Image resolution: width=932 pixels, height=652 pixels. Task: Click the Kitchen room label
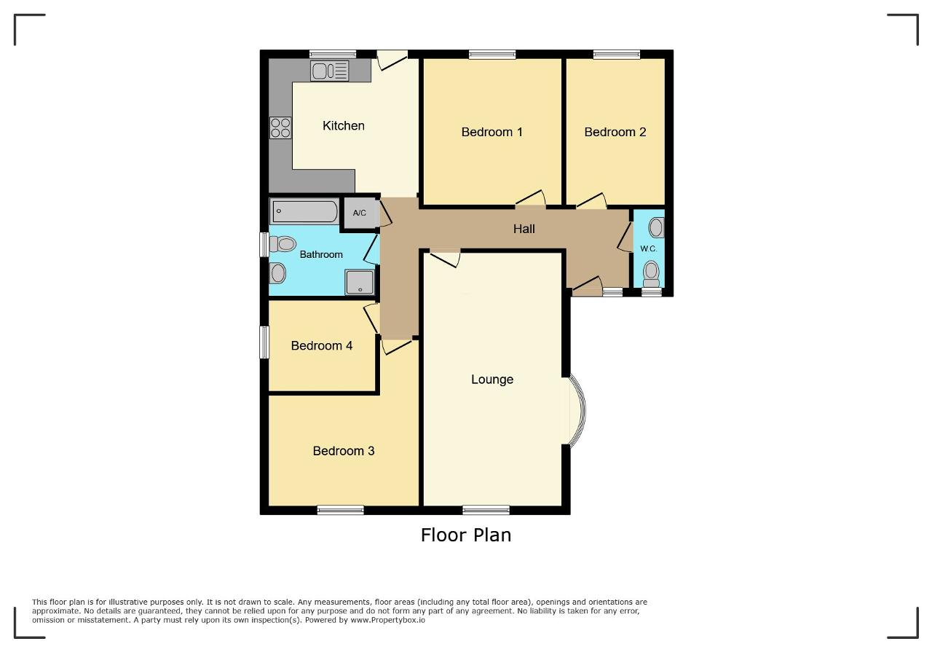[343, 126]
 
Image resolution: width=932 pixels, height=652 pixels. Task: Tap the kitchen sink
[330, 71]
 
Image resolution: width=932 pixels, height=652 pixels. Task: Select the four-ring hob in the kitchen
[280, 127]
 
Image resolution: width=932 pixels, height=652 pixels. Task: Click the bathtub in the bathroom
[304, 211]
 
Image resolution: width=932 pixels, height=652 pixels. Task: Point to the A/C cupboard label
[360, 213]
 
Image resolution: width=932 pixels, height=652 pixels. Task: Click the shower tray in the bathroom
[360, 282]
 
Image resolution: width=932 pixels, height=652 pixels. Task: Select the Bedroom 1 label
[491, 132]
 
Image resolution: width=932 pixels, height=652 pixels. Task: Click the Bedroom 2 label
[615, 132]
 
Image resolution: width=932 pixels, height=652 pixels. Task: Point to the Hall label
[524, 229]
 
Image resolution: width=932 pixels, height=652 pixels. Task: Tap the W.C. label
[649, 248]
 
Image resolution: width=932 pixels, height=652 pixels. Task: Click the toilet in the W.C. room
[651, 274]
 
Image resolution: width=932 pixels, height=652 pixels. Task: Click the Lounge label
[492, 380]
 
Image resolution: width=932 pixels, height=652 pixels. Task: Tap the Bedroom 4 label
[322, 345]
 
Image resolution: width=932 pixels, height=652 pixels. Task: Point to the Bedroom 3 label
[344, 451]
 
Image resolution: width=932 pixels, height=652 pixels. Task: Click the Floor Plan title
[466, 535]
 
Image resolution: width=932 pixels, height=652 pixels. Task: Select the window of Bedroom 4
[264, 342]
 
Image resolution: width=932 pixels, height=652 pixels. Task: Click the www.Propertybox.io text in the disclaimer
[388, 620]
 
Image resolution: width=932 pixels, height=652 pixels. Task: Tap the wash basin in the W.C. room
[656, 228]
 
